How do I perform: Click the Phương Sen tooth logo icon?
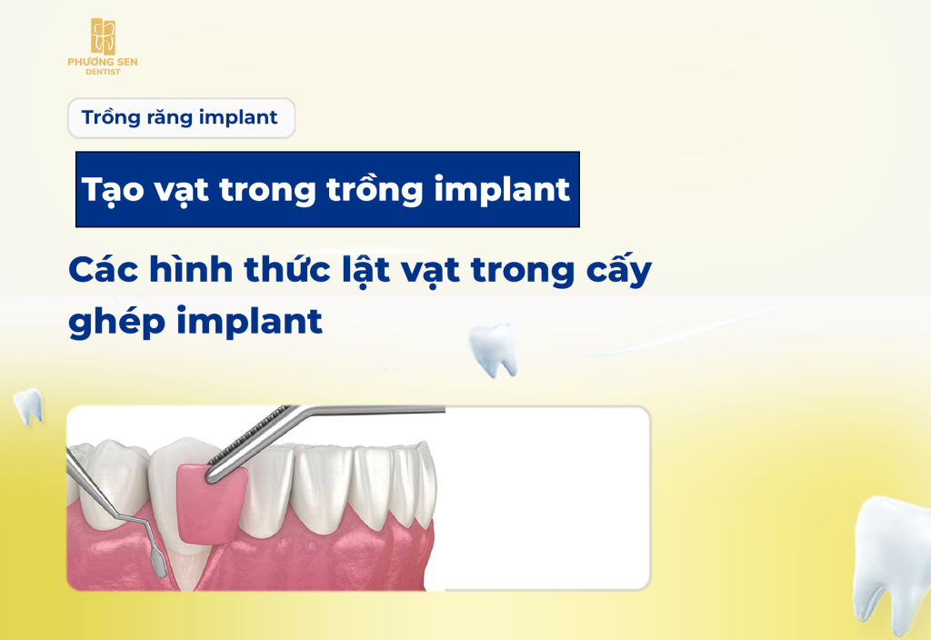(103, 36)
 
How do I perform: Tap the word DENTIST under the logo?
(103, 72)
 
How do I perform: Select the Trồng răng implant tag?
(181, 117)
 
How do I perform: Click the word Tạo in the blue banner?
(113, 189)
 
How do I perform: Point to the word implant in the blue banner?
(502, 189)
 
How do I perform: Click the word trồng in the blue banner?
(374, 189)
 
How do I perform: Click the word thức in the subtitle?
(287, 269)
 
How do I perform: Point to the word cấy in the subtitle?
(618, 271)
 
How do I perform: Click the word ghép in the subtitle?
(116, 323)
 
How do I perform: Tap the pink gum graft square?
(211, 504)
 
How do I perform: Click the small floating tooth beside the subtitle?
(493, 349)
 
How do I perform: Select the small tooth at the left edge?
(28, 406)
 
